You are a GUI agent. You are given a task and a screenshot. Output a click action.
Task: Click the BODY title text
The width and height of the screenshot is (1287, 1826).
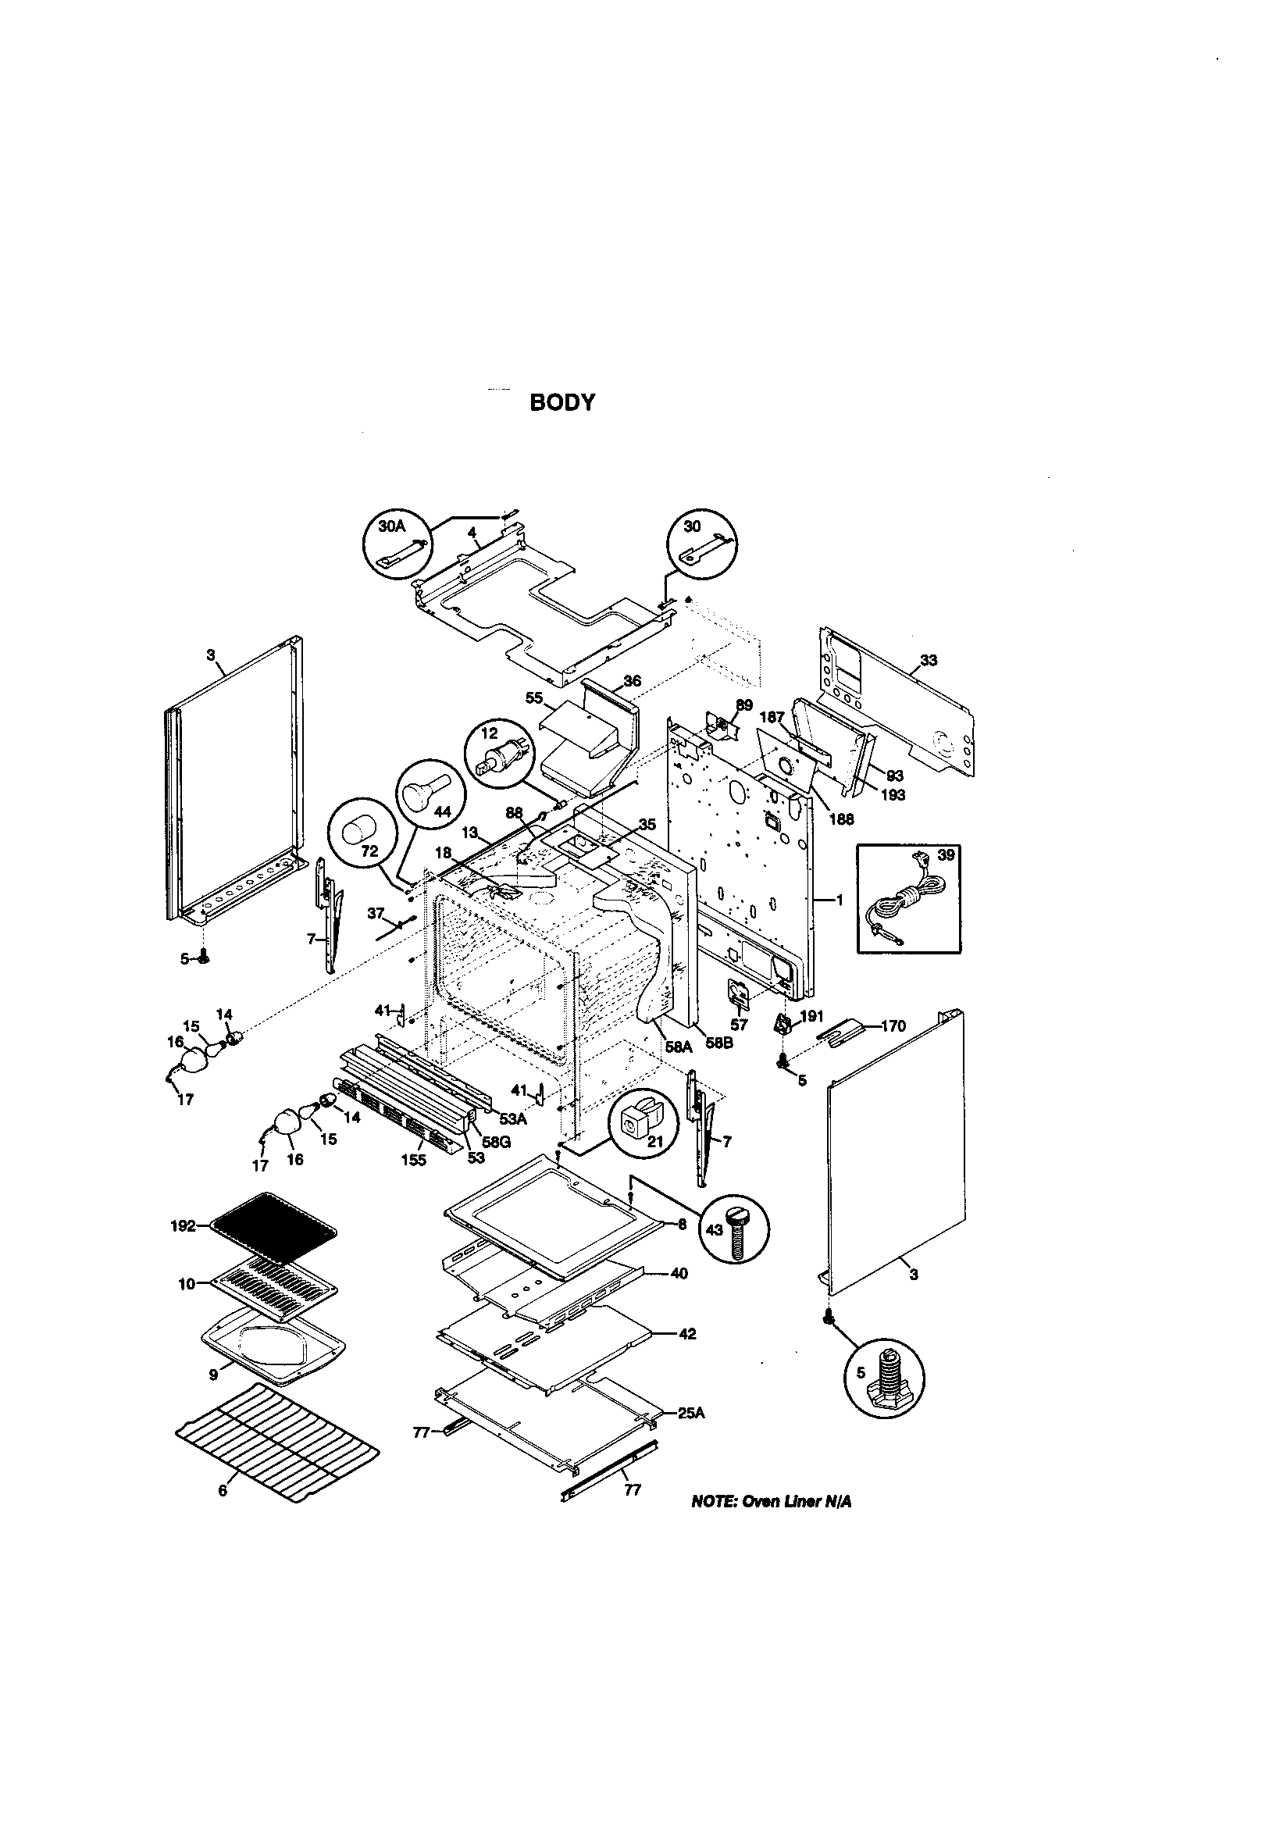562,403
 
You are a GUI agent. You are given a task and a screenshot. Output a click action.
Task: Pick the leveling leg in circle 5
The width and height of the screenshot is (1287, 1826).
885,1380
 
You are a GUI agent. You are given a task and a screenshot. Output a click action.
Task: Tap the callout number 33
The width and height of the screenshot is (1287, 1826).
929,660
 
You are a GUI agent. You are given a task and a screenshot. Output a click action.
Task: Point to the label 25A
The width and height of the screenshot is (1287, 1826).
691,1414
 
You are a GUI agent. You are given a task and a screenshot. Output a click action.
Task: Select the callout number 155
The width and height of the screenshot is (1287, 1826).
414,1161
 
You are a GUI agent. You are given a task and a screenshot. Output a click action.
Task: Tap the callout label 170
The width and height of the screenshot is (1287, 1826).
893,1026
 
